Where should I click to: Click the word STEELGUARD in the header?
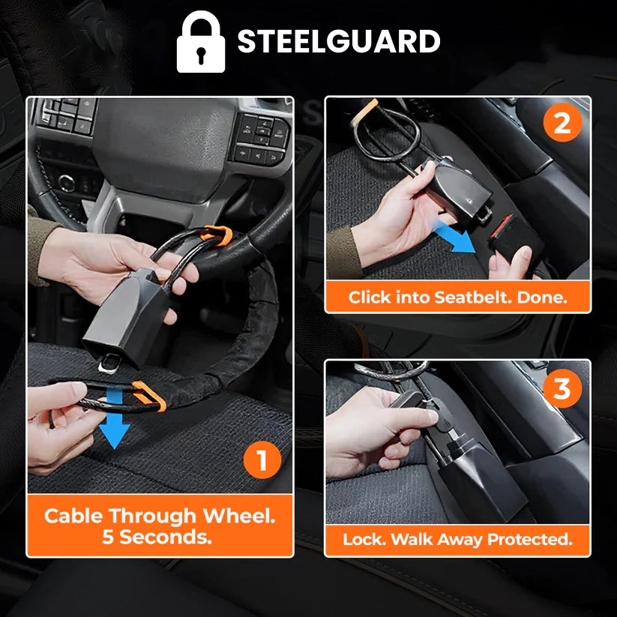[339, 42]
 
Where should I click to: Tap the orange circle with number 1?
[261, 460]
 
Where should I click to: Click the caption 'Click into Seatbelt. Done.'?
[457, 297]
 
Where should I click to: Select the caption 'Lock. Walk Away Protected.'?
[457, 539]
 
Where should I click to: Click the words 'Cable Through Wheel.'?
[160, 516]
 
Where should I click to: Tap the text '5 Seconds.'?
[160, 537]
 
